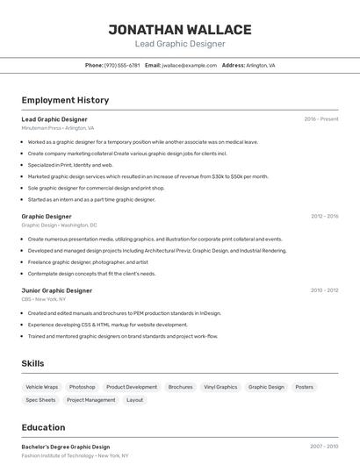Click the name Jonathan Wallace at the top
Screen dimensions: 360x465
point(179,29)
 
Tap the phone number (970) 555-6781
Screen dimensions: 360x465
point(122,65)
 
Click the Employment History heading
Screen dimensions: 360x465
point(65,101)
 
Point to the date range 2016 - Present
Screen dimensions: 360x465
point(321,119)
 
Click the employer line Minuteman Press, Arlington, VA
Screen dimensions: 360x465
point(57,128)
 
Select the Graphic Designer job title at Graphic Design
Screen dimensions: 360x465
point(47,216)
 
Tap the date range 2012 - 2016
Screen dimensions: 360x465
point(324,216)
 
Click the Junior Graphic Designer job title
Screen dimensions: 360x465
point(56,290)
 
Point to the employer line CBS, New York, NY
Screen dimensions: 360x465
point(44,299)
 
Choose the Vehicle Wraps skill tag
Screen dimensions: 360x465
point(41,387)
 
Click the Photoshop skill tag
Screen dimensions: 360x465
point(83,387)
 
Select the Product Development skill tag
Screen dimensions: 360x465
point(132,387)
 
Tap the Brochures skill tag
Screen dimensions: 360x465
point(180,387)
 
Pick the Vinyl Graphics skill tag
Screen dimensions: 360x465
point(220,387)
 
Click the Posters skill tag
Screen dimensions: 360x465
point(304,387)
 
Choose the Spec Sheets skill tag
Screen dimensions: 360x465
point(40,400)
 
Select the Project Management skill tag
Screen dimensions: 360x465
point(91,400)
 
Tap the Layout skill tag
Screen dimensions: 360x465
point(134,400)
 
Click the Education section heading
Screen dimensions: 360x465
point(43,428)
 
